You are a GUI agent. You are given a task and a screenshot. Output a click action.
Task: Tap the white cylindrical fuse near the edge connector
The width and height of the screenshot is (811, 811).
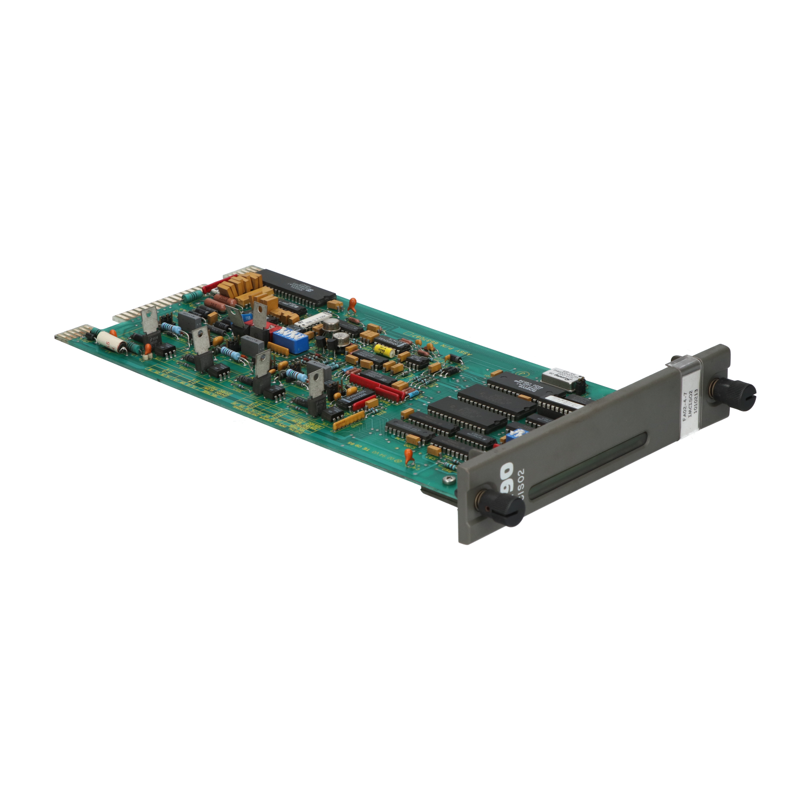pos(111,341)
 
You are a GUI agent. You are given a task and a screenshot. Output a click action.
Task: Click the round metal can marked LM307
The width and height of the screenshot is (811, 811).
pos(331,324)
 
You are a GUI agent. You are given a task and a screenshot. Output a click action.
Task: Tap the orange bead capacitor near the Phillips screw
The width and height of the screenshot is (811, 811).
pos(409,455)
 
